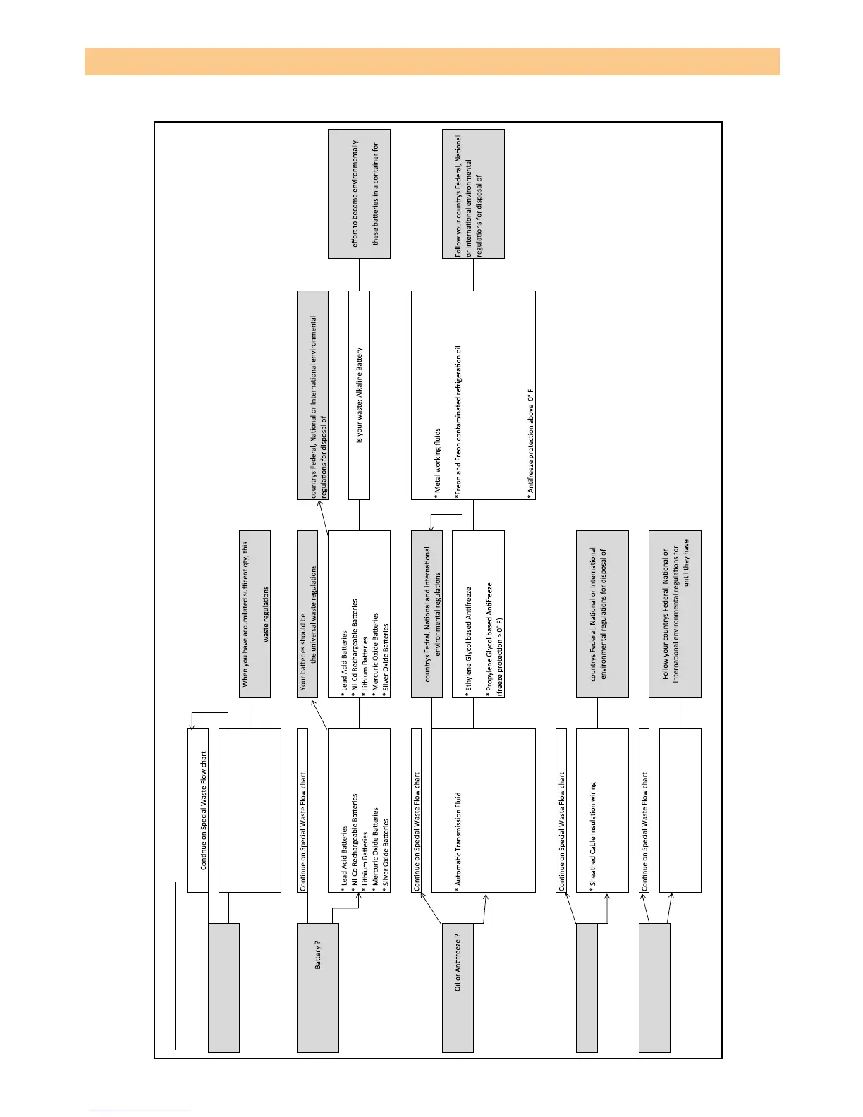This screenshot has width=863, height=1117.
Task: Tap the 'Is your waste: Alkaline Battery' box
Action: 359,395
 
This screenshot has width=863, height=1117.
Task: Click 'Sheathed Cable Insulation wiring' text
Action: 593,833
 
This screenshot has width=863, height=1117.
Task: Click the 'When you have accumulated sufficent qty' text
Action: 245,614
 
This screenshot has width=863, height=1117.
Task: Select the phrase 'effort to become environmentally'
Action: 355,193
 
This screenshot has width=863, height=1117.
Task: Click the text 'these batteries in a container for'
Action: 375,193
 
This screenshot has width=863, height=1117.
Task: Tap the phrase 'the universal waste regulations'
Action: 313,614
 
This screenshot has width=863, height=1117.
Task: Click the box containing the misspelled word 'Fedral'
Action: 427,614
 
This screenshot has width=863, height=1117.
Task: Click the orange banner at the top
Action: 432,61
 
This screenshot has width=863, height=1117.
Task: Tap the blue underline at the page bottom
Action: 140,1111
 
